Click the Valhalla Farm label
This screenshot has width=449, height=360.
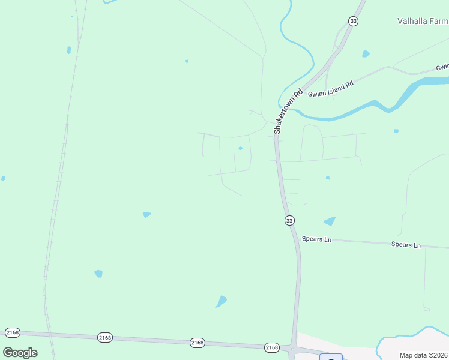tap(423, 21)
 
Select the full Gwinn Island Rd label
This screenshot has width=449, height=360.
tap(331, 89)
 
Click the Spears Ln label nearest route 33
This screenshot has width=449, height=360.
tap(316, 239)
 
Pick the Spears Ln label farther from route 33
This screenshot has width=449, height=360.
tap(406, 245)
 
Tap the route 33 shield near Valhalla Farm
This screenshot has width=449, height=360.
tap(353, 21)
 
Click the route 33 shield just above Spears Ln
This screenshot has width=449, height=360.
tap(289, 221)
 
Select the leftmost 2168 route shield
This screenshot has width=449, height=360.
tap(13, 332)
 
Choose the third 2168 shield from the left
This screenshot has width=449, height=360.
tap(197, 343)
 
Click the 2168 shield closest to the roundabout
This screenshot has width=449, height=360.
tap(272, 347)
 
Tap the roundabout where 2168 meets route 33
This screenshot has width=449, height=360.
tap(292, 349)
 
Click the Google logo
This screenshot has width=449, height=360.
tap(20, 352)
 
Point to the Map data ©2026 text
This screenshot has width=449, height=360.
tap(424, 355)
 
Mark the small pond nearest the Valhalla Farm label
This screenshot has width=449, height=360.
tap(366, 54)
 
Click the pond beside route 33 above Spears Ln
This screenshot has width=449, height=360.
tap(330, 221)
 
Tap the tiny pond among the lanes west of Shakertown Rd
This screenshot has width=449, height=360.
tap(241, 148)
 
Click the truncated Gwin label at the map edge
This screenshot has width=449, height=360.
tap(442, 67)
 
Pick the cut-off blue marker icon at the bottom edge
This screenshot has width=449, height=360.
tap(331, 358)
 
